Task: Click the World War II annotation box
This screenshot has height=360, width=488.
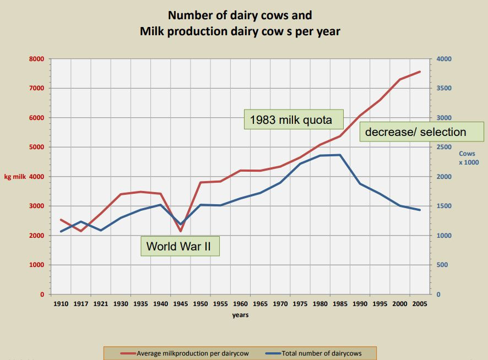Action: (x=181, y=246)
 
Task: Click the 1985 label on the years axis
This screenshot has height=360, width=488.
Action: (x=340, y=303)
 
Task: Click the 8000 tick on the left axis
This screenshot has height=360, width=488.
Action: (x=36, y=59)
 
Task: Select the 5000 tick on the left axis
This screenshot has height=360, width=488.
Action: (x=36, y=147)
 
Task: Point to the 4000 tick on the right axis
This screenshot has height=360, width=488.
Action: (x=444, y=59)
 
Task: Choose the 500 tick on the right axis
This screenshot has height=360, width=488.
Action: (x=442, y=265)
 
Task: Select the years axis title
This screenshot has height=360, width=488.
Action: (x=240, y=315)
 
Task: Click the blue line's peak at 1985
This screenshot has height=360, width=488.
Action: (x=340, y=155)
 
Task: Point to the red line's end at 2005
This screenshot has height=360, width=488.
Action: (x=420, y=72)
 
